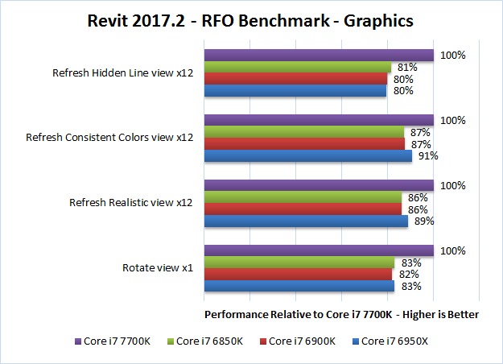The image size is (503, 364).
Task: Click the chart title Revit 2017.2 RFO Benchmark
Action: coord(250,20)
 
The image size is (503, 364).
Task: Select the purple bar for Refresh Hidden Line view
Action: coord(319,56)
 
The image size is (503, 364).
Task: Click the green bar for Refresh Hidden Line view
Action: coord(297,68)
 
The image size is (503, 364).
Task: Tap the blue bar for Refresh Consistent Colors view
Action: coord(307,156)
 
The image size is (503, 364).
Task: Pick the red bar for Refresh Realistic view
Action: coord(302,209)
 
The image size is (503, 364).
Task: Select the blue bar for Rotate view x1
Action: coord(299,286)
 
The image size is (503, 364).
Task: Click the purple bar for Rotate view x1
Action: coord(319,250)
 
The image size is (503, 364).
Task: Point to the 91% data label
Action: coord(427,156)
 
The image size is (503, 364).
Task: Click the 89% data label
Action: coord(423,221)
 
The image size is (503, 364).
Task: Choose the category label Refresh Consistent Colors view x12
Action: coord(109,138)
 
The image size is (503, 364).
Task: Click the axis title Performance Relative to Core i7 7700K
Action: coord(342,314)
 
